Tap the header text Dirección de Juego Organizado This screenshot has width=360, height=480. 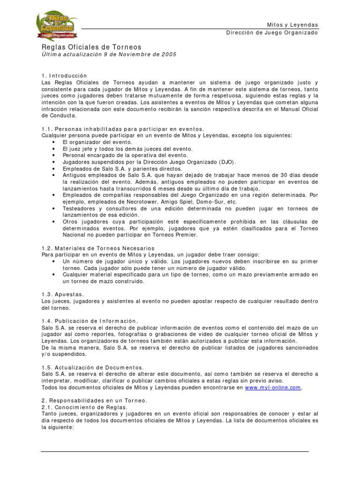(272, 33)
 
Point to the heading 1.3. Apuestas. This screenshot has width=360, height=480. (63, 294)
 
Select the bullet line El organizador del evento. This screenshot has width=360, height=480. (97, 142)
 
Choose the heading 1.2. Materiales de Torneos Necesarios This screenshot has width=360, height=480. (98, 248)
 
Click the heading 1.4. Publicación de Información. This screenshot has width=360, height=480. (90, 321)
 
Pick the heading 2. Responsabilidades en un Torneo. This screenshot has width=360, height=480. (94, 400)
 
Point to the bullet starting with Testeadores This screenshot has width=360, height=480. (80, 208)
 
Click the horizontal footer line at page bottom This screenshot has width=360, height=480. (175, 451)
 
